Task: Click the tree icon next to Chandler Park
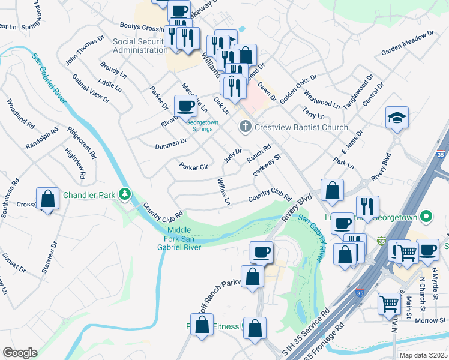(x=124, y=194)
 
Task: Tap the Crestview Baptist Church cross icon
(x=244, y=127)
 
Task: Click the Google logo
(x=20, y=352)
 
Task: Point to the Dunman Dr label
(x=171, y=143)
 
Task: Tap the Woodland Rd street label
(x=20, y=113)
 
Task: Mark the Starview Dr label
(x=49, y=257)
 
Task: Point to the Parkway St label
(x=267, y=166)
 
